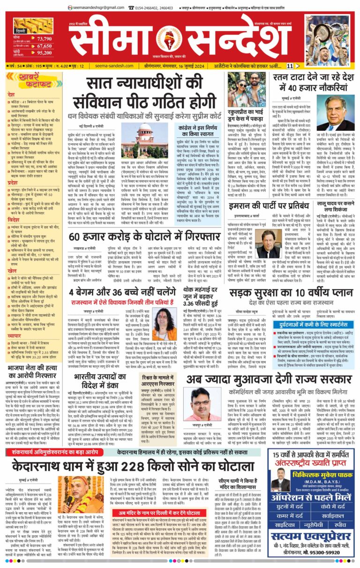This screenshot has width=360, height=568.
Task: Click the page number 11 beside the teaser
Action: pyautogui.click(x=290, y=66)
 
